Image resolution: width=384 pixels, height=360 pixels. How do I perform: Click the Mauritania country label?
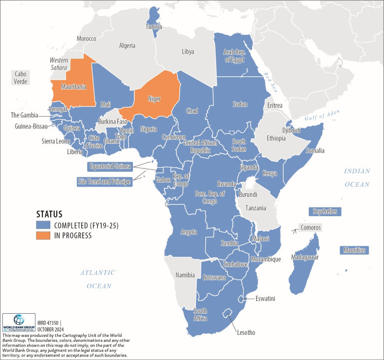[x=73, y=87]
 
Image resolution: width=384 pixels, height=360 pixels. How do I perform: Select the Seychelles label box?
[x=325, y=211]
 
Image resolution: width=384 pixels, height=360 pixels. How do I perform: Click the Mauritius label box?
[x=354, y=250]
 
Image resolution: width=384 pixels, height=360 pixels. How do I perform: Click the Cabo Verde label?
[x=20, y=77]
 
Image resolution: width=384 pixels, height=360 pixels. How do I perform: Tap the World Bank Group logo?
[x=19, y=323]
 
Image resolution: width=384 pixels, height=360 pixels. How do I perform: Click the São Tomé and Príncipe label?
[x=104, y=182]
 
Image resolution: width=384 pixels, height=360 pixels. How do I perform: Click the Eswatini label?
[x=265, y=298]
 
